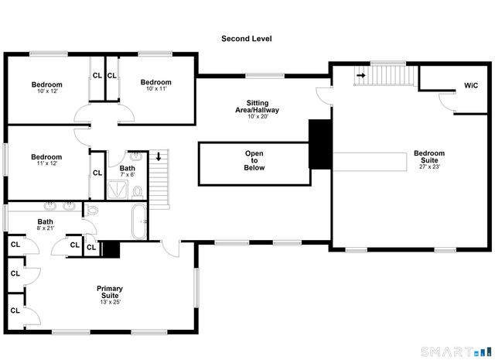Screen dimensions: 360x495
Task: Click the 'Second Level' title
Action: click(247, 39)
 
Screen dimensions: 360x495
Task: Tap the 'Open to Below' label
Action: click(254, 160)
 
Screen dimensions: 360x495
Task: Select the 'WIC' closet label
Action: click(471, 85)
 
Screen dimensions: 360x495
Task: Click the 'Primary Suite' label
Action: click(109, 294)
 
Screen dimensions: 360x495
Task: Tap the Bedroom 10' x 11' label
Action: click(155, 85)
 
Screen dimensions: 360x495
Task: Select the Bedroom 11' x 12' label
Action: click(46, 160)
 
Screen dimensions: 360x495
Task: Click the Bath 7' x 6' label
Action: click(128, 171)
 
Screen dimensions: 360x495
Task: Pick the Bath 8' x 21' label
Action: click(46, 225)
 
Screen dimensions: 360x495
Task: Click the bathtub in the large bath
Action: click(140, 222)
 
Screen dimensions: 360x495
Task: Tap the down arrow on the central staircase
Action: click(159, 156)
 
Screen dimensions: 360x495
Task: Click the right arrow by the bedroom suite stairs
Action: click(360, 75)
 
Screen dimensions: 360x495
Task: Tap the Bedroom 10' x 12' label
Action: click(46, 87)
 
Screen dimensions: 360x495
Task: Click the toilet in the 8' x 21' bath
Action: click(91, 210)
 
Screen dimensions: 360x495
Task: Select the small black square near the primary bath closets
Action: click(110, 249)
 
